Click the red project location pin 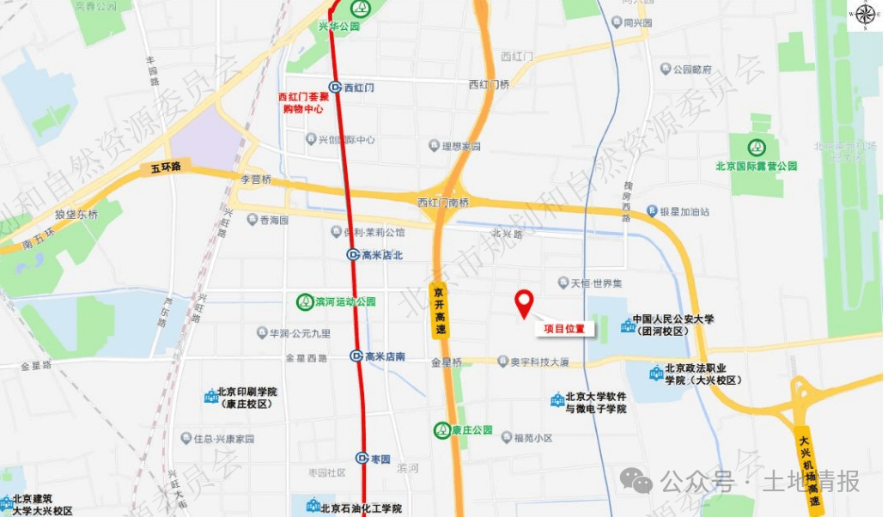(524, 302)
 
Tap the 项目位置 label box (565, 329)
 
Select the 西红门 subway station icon (334, 88)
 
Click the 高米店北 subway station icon (353, 255)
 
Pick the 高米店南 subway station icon (356, 356)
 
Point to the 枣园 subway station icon (362, 459)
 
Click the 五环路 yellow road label (164, 167)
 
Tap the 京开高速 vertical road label (439, 312)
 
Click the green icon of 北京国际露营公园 (757, 148)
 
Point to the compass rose (864, 15)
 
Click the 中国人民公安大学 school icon (626, 325)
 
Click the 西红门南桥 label (443, 202)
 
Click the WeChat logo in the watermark (636, 481)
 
